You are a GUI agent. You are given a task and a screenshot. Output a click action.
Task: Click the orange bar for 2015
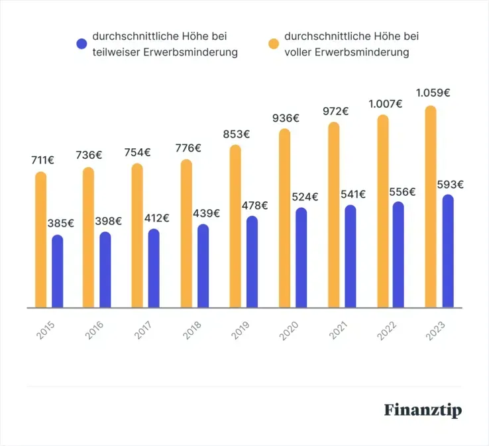[x=41, y=240]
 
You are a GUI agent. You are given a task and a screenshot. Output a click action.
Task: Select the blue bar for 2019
[x=252, y=262]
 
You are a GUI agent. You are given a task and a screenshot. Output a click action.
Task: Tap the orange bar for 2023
[x=431, y=207]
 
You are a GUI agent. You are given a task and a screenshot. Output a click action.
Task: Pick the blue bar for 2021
[x=350, y=257]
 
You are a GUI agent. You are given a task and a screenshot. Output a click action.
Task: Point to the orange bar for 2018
[x=186, y=234]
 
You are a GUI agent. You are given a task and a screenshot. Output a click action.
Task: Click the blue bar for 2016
[x=105, y=270]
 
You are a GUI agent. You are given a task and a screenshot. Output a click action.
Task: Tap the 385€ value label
[x=61, y=223]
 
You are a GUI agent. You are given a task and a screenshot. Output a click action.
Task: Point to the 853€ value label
[x=236, y=134]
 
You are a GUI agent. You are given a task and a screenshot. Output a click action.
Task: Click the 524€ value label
[x=305, y=197]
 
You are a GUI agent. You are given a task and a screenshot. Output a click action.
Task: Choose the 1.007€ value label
[x=385, y=104]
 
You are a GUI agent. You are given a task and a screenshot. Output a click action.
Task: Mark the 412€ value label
[x=156, y=218]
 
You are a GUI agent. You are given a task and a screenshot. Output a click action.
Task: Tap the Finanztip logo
[x=423, y=410]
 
